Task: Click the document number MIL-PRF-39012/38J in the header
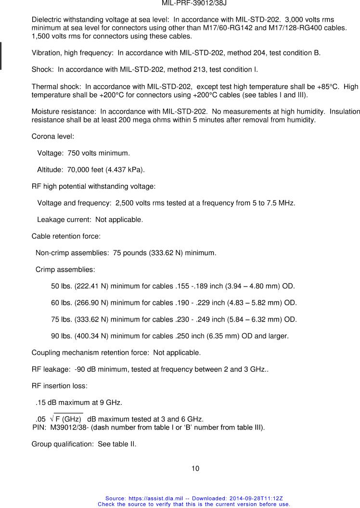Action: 194,3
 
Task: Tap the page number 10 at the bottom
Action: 195,469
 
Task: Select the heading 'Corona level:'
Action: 52,136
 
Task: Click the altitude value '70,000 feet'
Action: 85,169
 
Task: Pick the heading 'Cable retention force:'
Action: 66,236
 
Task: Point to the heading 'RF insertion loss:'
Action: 59,386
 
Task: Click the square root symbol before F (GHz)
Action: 52,418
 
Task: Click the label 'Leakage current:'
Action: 64,220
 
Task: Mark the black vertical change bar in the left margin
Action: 1,56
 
